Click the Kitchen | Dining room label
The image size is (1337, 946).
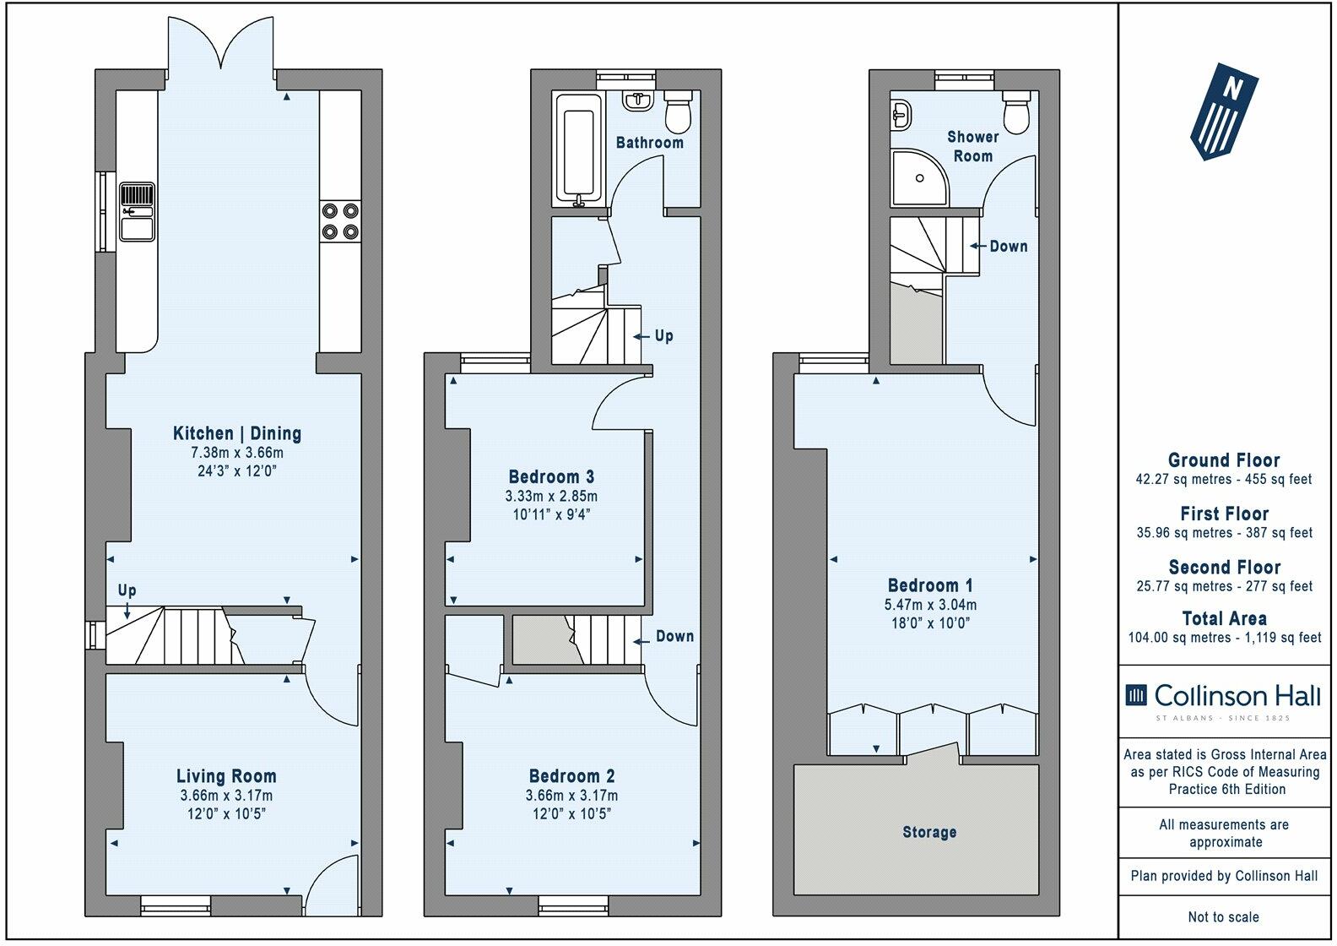click(x=236, y=433)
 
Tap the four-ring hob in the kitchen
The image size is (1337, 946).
click(x=340, y=221)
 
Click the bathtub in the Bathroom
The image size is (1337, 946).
click(x=579, y=150)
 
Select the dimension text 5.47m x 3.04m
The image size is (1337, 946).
click(x=931, y=605)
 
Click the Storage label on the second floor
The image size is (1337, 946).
click(x=929, y=832)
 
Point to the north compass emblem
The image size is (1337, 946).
click(x=1224, y=110)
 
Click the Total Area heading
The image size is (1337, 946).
click(x=1224, y=618)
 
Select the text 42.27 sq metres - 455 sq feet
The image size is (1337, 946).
click(x=1224, y=480)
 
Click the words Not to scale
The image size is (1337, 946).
click(x=1224, y=916)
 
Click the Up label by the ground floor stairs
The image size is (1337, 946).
click(x=127, y=590)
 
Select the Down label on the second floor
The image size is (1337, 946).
click(x=1008, y=246)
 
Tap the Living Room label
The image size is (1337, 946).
click(x=226, y=776)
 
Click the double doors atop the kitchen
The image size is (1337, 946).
click(x=222, y=42)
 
